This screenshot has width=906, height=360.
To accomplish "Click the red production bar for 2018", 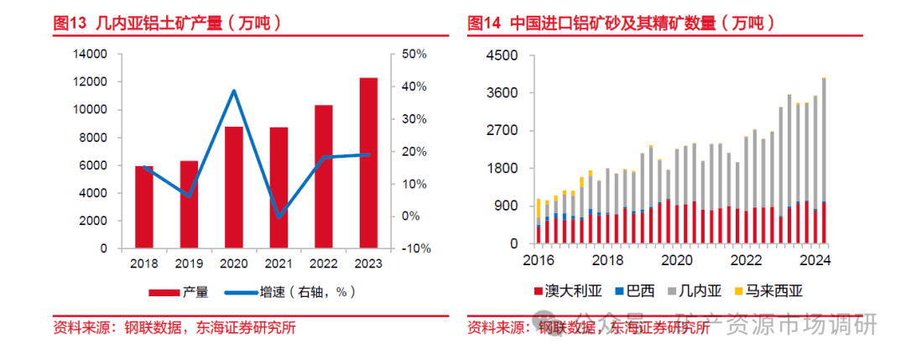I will pyautogui.click(x=144, y=207).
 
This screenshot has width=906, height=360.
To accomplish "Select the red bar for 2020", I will pyautogui.click(x=234, y=188).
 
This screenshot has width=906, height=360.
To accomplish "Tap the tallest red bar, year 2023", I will pyautogui.click(x=368, y=164).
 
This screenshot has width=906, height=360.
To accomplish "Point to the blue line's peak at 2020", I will pyautogui.click(x=234, y=91).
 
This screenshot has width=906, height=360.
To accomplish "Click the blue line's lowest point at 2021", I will pyautogui.click(x=279, y=217).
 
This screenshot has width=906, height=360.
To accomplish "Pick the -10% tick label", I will pyautogui.click(x=414, y=249).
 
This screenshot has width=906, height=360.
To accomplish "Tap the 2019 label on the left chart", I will pyautogui.click(x=189, y=263).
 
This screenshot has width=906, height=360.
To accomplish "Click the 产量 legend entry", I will pyautogui.click(x=179, y=292).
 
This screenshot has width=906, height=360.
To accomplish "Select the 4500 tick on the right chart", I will pyautogui.click(x=503, y=55).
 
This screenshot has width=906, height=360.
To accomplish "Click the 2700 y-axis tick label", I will pyautogui.click(x=503, y=131).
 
